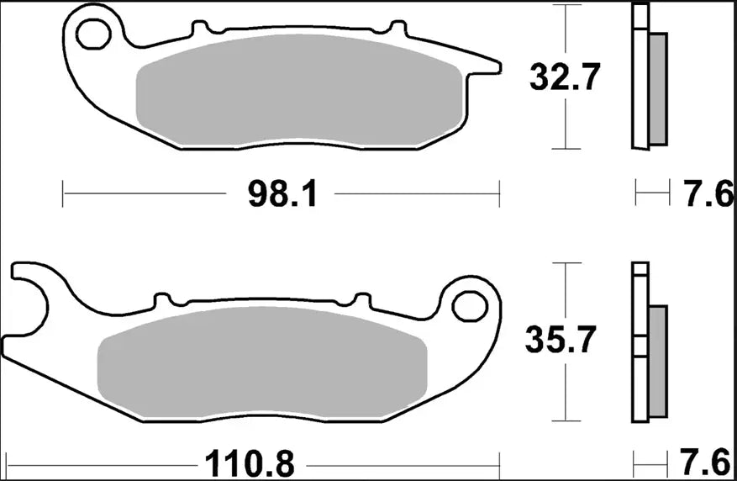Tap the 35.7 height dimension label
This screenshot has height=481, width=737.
[561, 341]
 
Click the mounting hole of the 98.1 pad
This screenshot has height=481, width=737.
[92, 34]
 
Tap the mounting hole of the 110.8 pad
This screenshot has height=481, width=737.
[468, 305]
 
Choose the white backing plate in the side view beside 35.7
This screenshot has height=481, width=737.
[640, 345]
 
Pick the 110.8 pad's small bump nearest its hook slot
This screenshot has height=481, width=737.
[161, 299]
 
